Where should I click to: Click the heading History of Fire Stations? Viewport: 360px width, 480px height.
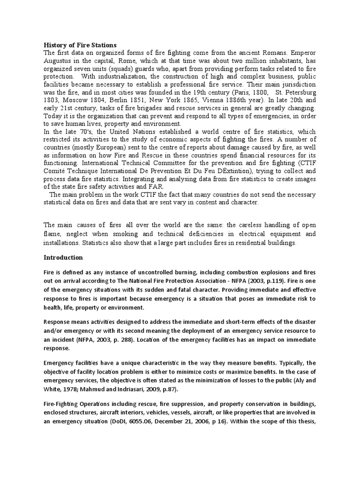(x=80, y=45)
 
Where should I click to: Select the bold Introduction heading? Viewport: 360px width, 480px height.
(x=63, y=257)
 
